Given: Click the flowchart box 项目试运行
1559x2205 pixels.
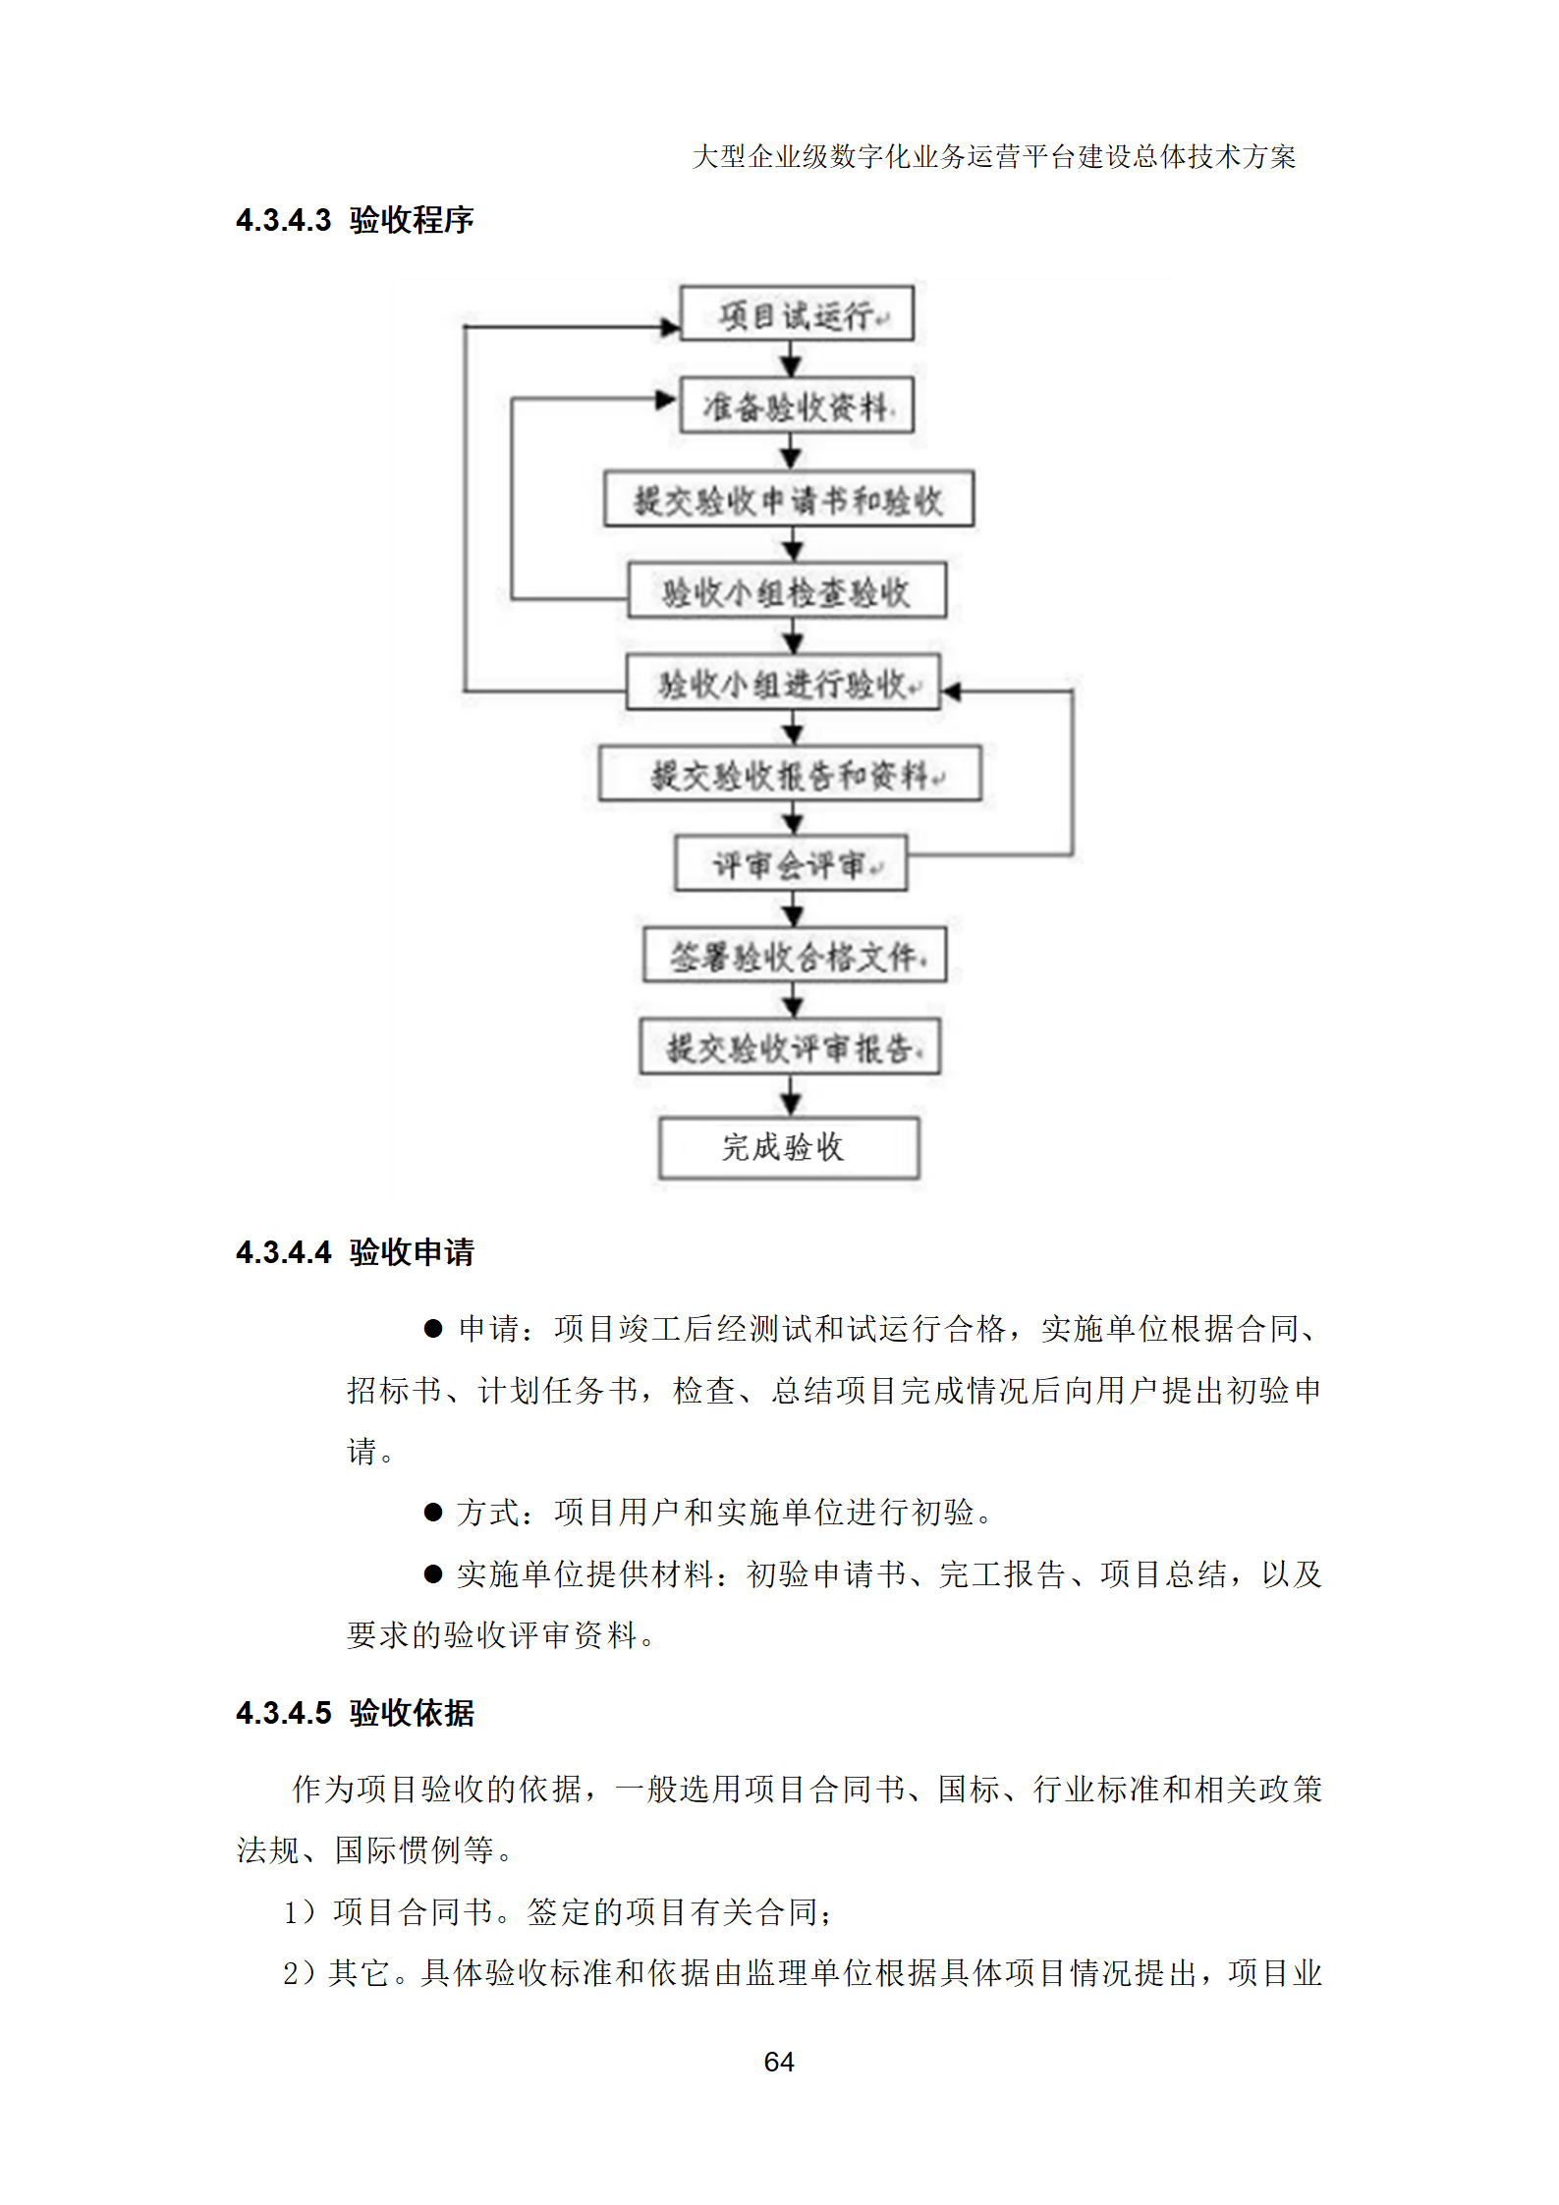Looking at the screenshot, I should pos(797,314).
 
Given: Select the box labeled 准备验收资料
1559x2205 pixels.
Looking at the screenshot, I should pos(797,406).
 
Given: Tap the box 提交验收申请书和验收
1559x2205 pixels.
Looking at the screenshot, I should pos(789,499).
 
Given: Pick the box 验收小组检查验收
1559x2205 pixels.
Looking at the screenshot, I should pos(787,590).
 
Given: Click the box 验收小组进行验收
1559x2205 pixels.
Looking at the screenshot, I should pos(783,683).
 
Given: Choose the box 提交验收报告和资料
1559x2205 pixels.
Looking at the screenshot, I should pos(790,774).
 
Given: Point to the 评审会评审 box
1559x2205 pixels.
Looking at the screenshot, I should pos(791,864).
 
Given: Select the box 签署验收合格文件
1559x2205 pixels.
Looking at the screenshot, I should pos(795,955).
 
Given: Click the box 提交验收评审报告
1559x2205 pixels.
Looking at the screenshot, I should pos(790,1047).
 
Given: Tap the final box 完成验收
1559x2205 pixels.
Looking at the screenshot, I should pos(789,1147).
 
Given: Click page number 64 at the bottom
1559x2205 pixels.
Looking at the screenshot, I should pos(779,2061).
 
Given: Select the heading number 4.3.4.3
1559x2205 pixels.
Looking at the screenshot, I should pos(284,220).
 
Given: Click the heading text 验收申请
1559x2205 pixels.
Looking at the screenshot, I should pos(412,1252).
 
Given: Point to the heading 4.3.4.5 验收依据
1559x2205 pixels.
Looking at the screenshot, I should pos(355,1713).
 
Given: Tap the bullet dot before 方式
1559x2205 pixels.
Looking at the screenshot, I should pos(433,1512).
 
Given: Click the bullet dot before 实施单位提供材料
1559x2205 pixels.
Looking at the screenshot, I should pos(433,1573).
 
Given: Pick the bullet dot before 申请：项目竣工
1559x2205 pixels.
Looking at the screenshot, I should pos(433,1329).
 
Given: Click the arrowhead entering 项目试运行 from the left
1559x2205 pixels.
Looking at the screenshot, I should pos(671,327).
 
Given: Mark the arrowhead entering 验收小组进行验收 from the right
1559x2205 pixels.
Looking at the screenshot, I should pos(951,691).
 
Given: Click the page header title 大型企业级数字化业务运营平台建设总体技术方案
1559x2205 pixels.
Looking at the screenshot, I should pos(993,157).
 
